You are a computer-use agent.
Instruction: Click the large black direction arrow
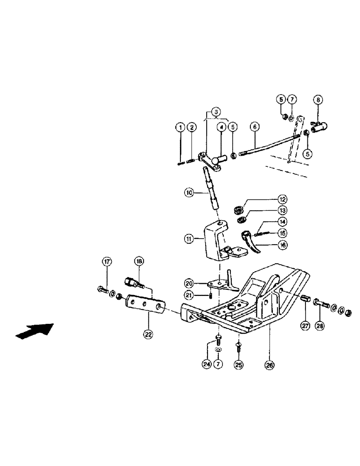(34, 330)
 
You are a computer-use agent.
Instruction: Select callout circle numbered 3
(215, 112)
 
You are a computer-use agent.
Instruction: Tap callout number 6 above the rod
(254, 126)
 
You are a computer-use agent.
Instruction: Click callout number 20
(189, 283)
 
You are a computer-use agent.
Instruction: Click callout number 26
(270, 365)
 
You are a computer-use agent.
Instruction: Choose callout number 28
(321, 326)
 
